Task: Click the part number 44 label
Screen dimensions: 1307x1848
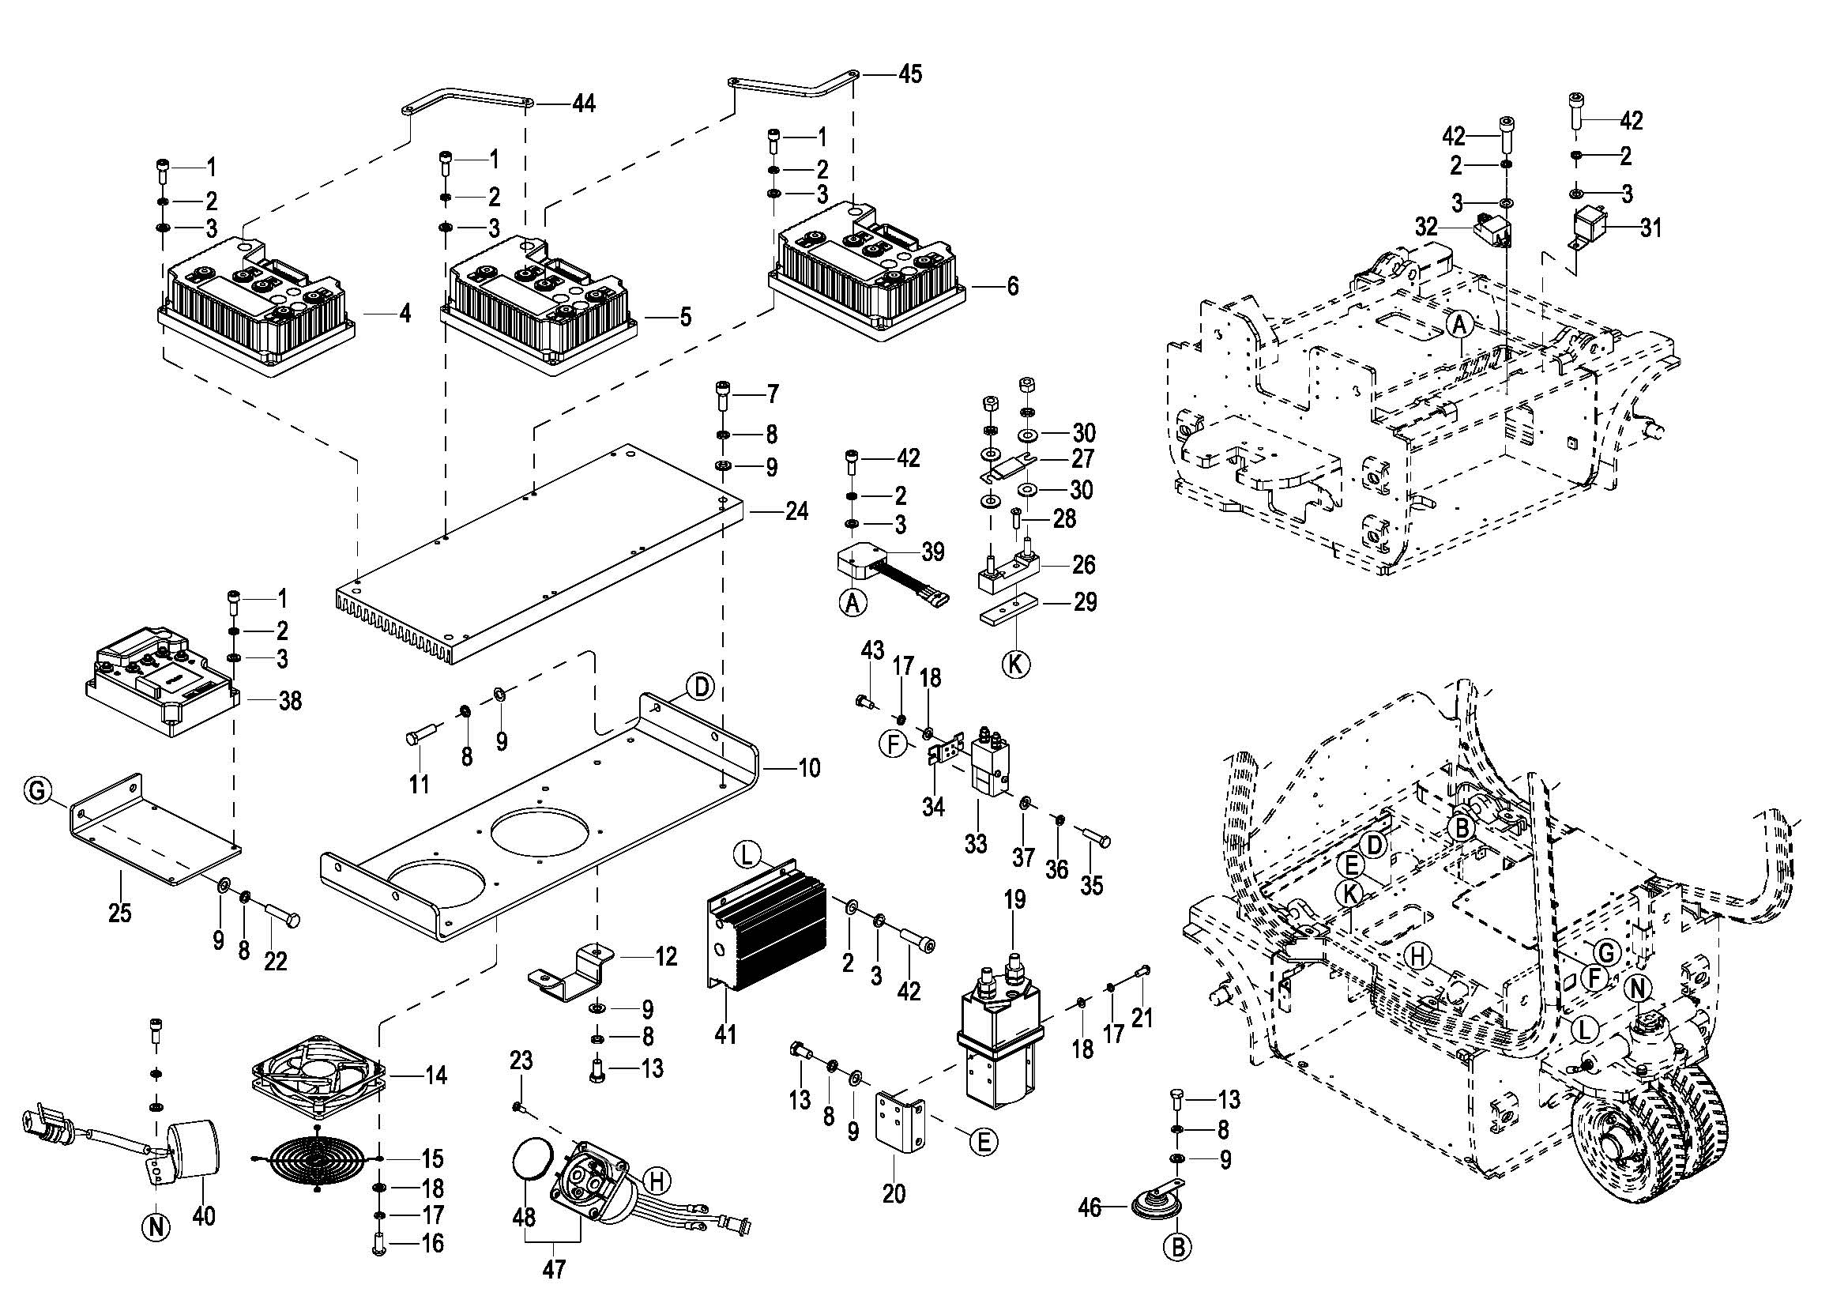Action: click(x=584, y=104)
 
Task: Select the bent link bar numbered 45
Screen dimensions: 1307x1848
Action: click(x=792, y=83)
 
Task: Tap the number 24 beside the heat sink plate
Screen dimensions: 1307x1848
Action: click(x=796, y=511)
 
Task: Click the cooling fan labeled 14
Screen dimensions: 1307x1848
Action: click(x=321, y=1076)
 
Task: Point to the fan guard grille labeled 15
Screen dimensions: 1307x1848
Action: click(x=314, y=1159)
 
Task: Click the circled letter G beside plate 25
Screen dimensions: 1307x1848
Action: click(x=36, y=792)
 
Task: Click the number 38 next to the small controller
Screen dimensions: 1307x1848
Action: click(x=290, y=701)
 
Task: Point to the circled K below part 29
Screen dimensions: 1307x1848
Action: click(x=1016, y=665)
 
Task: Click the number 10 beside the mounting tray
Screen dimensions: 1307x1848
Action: click(x=808, y=768)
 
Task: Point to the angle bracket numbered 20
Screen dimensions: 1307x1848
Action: click(x=901, y=1127)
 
